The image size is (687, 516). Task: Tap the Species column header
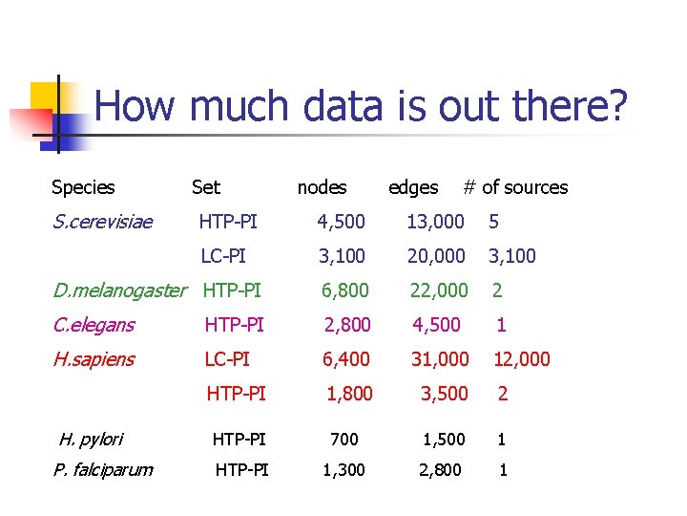coord(83,187)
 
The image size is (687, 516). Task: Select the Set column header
coord(205,187)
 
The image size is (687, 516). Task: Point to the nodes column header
coord(322,187)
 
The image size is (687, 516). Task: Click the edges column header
coord(413,187)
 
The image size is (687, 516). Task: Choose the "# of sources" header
coord(515,187)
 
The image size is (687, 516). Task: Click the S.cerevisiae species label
coord(103,222)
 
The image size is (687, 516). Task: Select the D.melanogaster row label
coord(120,290)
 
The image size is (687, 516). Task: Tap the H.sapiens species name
coord(94,359)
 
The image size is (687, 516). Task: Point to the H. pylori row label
coord(91,439)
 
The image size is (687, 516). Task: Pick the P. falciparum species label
coord(103,469)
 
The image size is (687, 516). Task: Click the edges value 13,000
coord(435,222)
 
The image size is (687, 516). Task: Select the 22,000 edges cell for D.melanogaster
coord(439,290)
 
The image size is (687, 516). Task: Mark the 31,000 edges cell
coord(440,359)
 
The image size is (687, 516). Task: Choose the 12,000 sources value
coord(521,359)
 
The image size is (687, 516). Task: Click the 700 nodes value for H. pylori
coord(343,440)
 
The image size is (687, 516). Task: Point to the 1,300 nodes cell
coord(343,469)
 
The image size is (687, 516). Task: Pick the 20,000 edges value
coord(436,256)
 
